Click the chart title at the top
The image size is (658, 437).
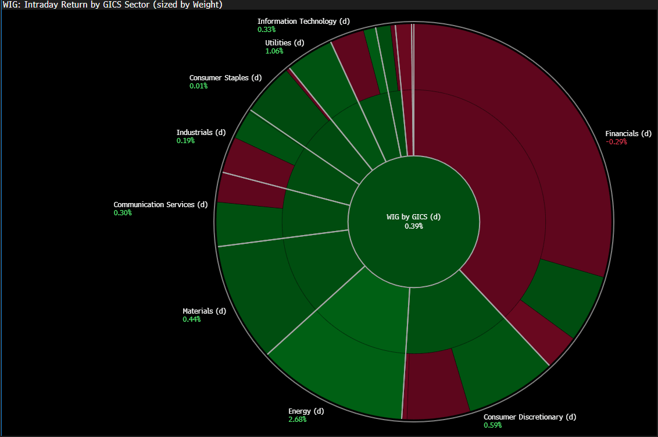112,5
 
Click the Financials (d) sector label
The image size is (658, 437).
628,134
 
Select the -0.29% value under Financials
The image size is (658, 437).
616,142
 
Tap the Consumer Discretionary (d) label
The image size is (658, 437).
530,417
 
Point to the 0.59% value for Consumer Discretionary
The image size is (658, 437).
493,425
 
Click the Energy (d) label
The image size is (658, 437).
306,411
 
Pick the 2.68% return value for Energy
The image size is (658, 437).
297,420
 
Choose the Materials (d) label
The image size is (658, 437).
205,311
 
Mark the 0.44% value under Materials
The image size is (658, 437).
191,319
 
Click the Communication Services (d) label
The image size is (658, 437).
161,205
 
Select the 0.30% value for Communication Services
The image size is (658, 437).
123,213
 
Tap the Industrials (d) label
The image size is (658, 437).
201,132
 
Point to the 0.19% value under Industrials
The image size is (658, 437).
185,141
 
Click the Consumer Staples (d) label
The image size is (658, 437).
226,78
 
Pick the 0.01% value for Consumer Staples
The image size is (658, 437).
198,86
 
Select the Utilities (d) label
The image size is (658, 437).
284,43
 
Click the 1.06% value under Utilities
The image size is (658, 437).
274,51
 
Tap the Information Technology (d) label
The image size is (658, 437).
303,21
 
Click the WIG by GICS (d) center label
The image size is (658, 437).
413,217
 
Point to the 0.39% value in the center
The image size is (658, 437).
414,226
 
